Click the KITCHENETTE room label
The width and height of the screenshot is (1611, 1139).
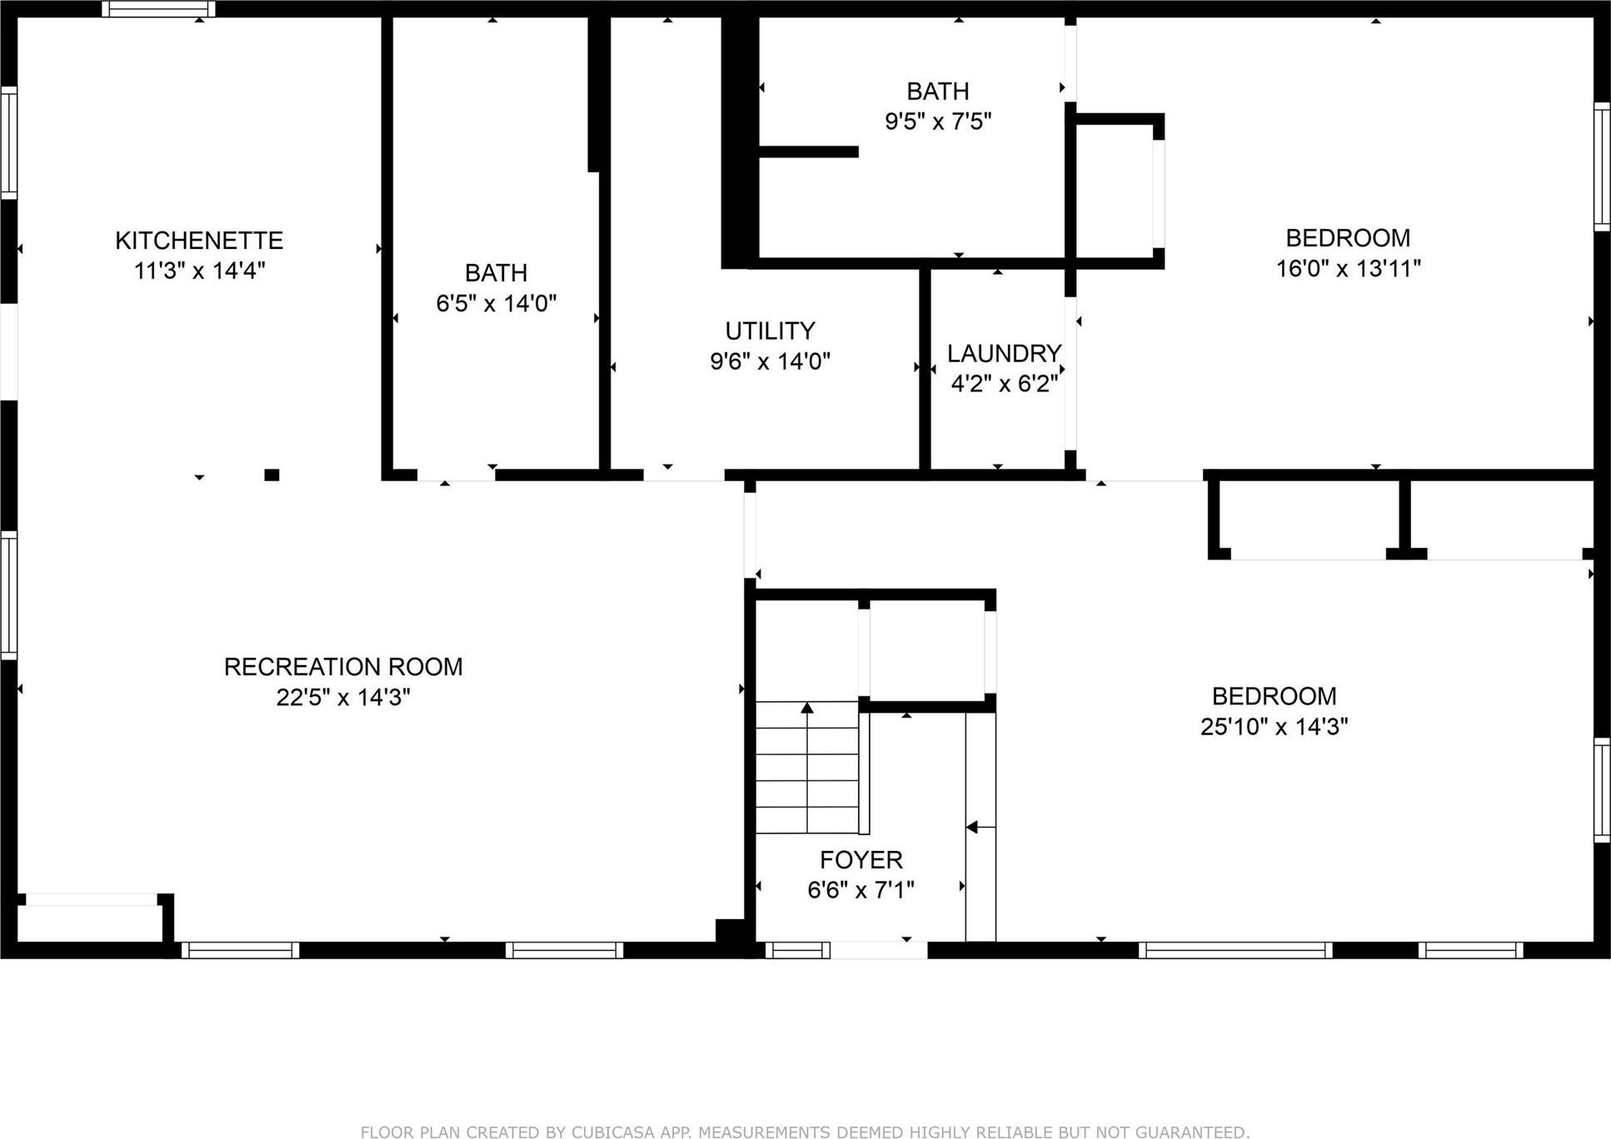199,241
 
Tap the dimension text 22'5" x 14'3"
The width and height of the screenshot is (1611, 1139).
343,697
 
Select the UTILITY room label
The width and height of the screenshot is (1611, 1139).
770,331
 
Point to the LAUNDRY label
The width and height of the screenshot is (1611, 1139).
1004,353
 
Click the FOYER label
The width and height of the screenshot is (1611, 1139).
860,859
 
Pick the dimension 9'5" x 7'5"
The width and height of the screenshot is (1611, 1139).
938,122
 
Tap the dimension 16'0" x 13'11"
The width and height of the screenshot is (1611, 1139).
1348,268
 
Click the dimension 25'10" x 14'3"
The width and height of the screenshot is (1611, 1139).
1274,727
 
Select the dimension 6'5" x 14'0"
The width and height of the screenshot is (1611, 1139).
496,303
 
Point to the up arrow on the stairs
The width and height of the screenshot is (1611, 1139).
806,708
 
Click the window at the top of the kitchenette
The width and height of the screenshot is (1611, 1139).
158,9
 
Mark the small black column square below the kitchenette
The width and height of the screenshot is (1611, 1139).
272,475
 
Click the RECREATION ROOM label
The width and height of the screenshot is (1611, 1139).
343,666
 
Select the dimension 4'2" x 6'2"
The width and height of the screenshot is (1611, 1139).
1004,384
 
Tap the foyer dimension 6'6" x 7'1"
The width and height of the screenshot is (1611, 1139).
860,890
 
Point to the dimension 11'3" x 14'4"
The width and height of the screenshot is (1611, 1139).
199,271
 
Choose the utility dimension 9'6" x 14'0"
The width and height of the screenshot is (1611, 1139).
770,361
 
